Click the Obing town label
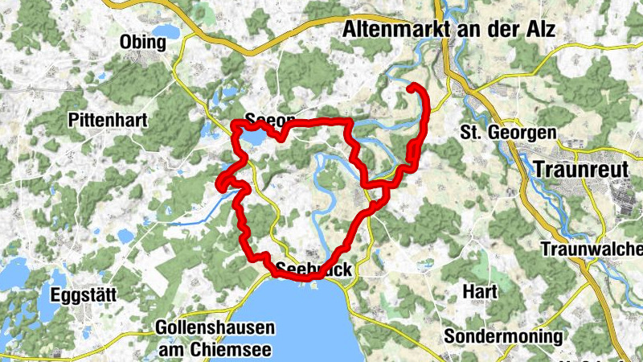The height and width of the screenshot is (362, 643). point(142,41)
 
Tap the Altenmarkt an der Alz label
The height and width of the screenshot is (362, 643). point(449,31)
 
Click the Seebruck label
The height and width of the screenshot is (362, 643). point(313,269)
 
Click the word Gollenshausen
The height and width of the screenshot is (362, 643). point(215,328)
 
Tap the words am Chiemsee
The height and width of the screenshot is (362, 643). point(215,349)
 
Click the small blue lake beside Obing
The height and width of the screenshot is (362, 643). point(167,32)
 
